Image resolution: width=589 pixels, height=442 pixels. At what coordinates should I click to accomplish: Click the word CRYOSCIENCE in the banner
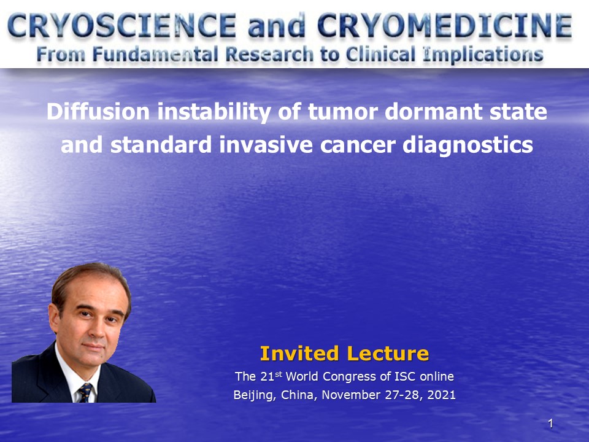[121, 26]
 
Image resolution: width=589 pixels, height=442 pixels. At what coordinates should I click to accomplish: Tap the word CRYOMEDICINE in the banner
[445, 26]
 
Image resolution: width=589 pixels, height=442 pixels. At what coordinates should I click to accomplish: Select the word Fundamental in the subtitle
[155, 55]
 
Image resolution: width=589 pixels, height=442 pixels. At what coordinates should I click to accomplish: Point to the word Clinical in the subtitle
[380, 55]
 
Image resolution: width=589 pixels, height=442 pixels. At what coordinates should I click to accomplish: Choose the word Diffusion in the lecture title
[98, 112]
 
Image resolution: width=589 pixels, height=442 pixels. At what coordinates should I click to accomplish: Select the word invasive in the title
[266, 145]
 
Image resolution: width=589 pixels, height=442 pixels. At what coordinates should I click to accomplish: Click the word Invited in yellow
[299, 354]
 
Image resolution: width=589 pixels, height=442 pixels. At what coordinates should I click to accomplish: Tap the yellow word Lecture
[388, 354]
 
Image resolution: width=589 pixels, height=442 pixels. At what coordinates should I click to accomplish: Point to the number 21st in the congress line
[271, 376]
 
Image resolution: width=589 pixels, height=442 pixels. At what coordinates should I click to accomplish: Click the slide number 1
[551, 424]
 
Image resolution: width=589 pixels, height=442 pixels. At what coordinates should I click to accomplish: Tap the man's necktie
[85, 393]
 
